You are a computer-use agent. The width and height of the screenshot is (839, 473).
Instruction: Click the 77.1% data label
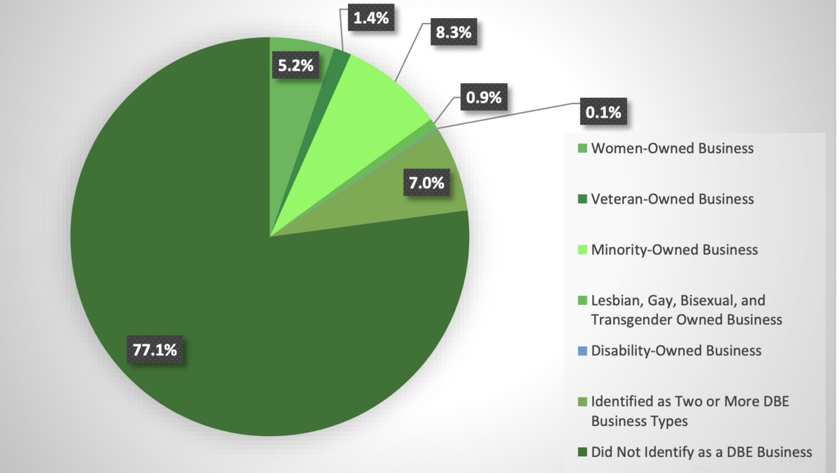tap(156, 348)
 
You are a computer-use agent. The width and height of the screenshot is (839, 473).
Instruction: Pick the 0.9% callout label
tap(484, 97)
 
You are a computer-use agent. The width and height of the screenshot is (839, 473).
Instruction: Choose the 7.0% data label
tap(426, 183)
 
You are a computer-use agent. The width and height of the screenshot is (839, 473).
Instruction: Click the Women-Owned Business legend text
tap(672, 148)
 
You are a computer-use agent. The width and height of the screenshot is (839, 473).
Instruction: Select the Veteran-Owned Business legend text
tap(672, 199)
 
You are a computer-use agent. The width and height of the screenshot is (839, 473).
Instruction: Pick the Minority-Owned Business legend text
tap(674, 250)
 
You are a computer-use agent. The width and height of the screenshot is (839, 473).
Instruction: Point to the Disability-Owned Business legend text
tap(676, 351)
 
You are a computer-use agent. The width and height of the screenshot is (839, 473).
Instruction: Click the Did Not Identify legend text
tap(701, 452)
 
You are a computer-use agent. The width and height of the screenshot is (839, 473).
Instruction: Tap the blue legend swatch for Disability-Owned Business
tap(582, 351)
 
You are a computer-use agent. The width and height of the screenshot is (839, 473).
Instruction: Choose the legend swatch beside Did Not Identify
tap(582, 453)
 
